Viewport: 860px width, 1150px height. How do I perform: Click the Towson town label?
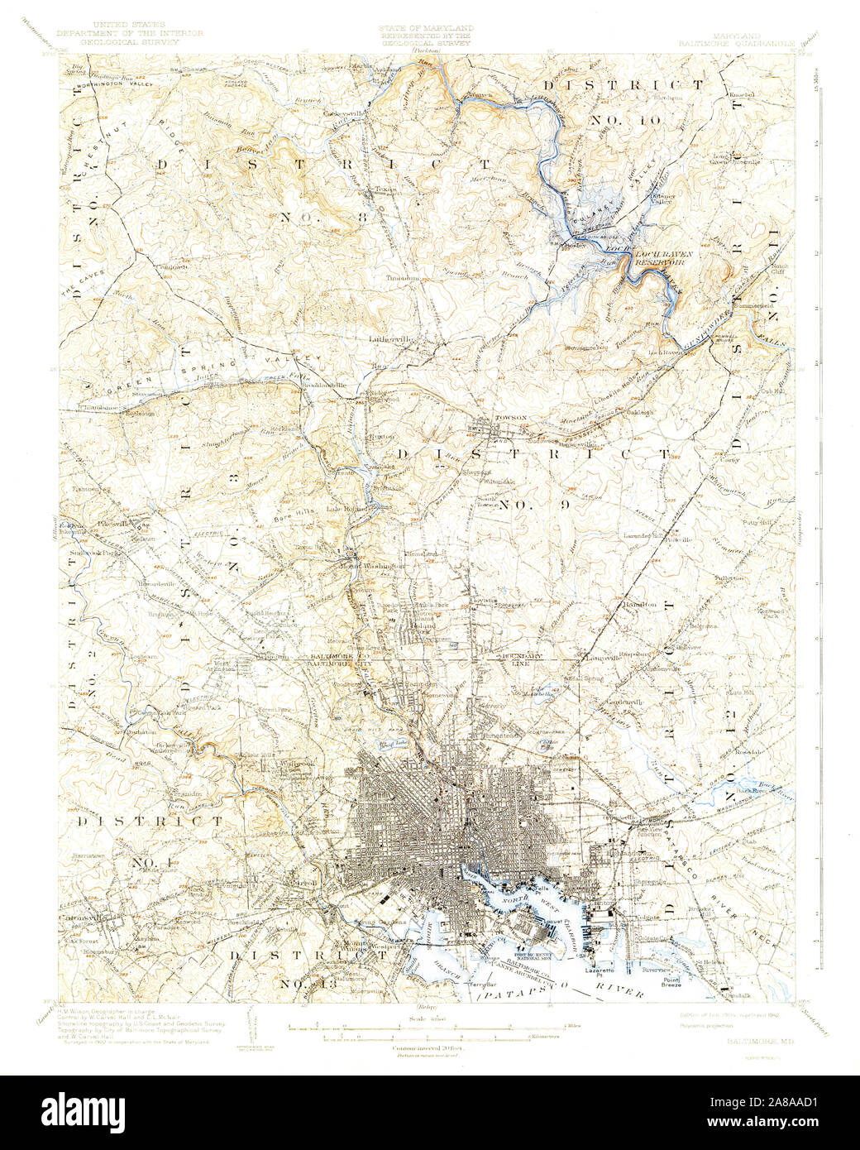[509, 419]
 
